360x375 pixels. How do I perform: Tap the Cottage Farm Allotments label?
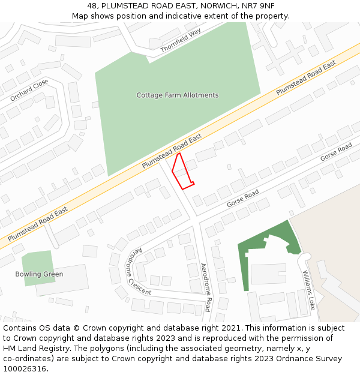[178, 95]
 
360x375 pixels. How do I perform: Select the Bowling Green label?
[39, 274]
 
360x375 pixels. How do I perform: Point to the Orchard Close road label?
[29, 90]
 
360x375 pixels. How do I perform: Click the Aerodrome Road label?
[205, 287]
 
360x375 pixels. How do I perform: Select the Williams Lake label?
[308, 290]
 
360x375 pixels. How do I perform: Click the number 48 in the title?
[92, 5]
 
